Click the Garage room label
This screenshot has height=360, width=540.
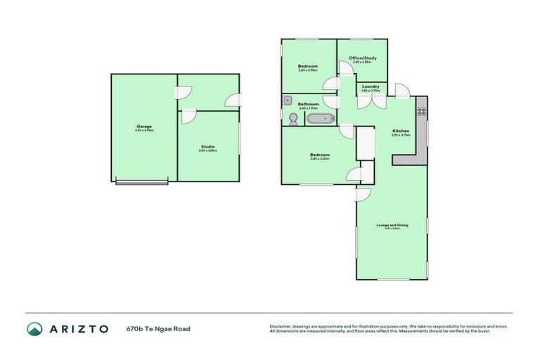tap(144, 126)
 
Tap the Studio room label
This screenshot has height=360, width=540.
tap(207, 146)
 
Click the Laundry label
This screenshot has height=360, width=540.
tap(371, 86)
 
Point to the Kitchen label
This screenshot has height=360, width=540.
tap(401, 131)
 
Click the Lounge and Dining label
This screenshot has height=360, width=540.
tap(392, 225)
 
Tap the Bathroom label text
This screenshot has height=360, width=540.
tap(309, 104)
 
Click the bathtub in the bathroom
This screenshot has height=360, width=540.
tap(321, 119)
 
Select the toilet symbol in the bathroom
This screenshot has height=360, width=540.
tap(292, 119)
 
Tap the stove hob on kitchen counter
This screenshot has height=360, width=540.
tap(421, 111)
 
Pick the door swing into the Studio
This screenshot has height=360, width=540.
tap(187, 115)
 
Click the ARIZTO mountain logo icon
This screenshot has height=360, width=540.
tap(35, 328)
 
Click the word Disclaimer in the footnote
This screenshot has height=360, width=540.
tap(281, 326)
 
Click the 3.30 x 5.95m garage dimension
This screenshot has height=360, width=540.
tap(144, 131)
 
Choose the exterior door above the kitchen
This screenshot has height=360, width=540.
tap(401, 91)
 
